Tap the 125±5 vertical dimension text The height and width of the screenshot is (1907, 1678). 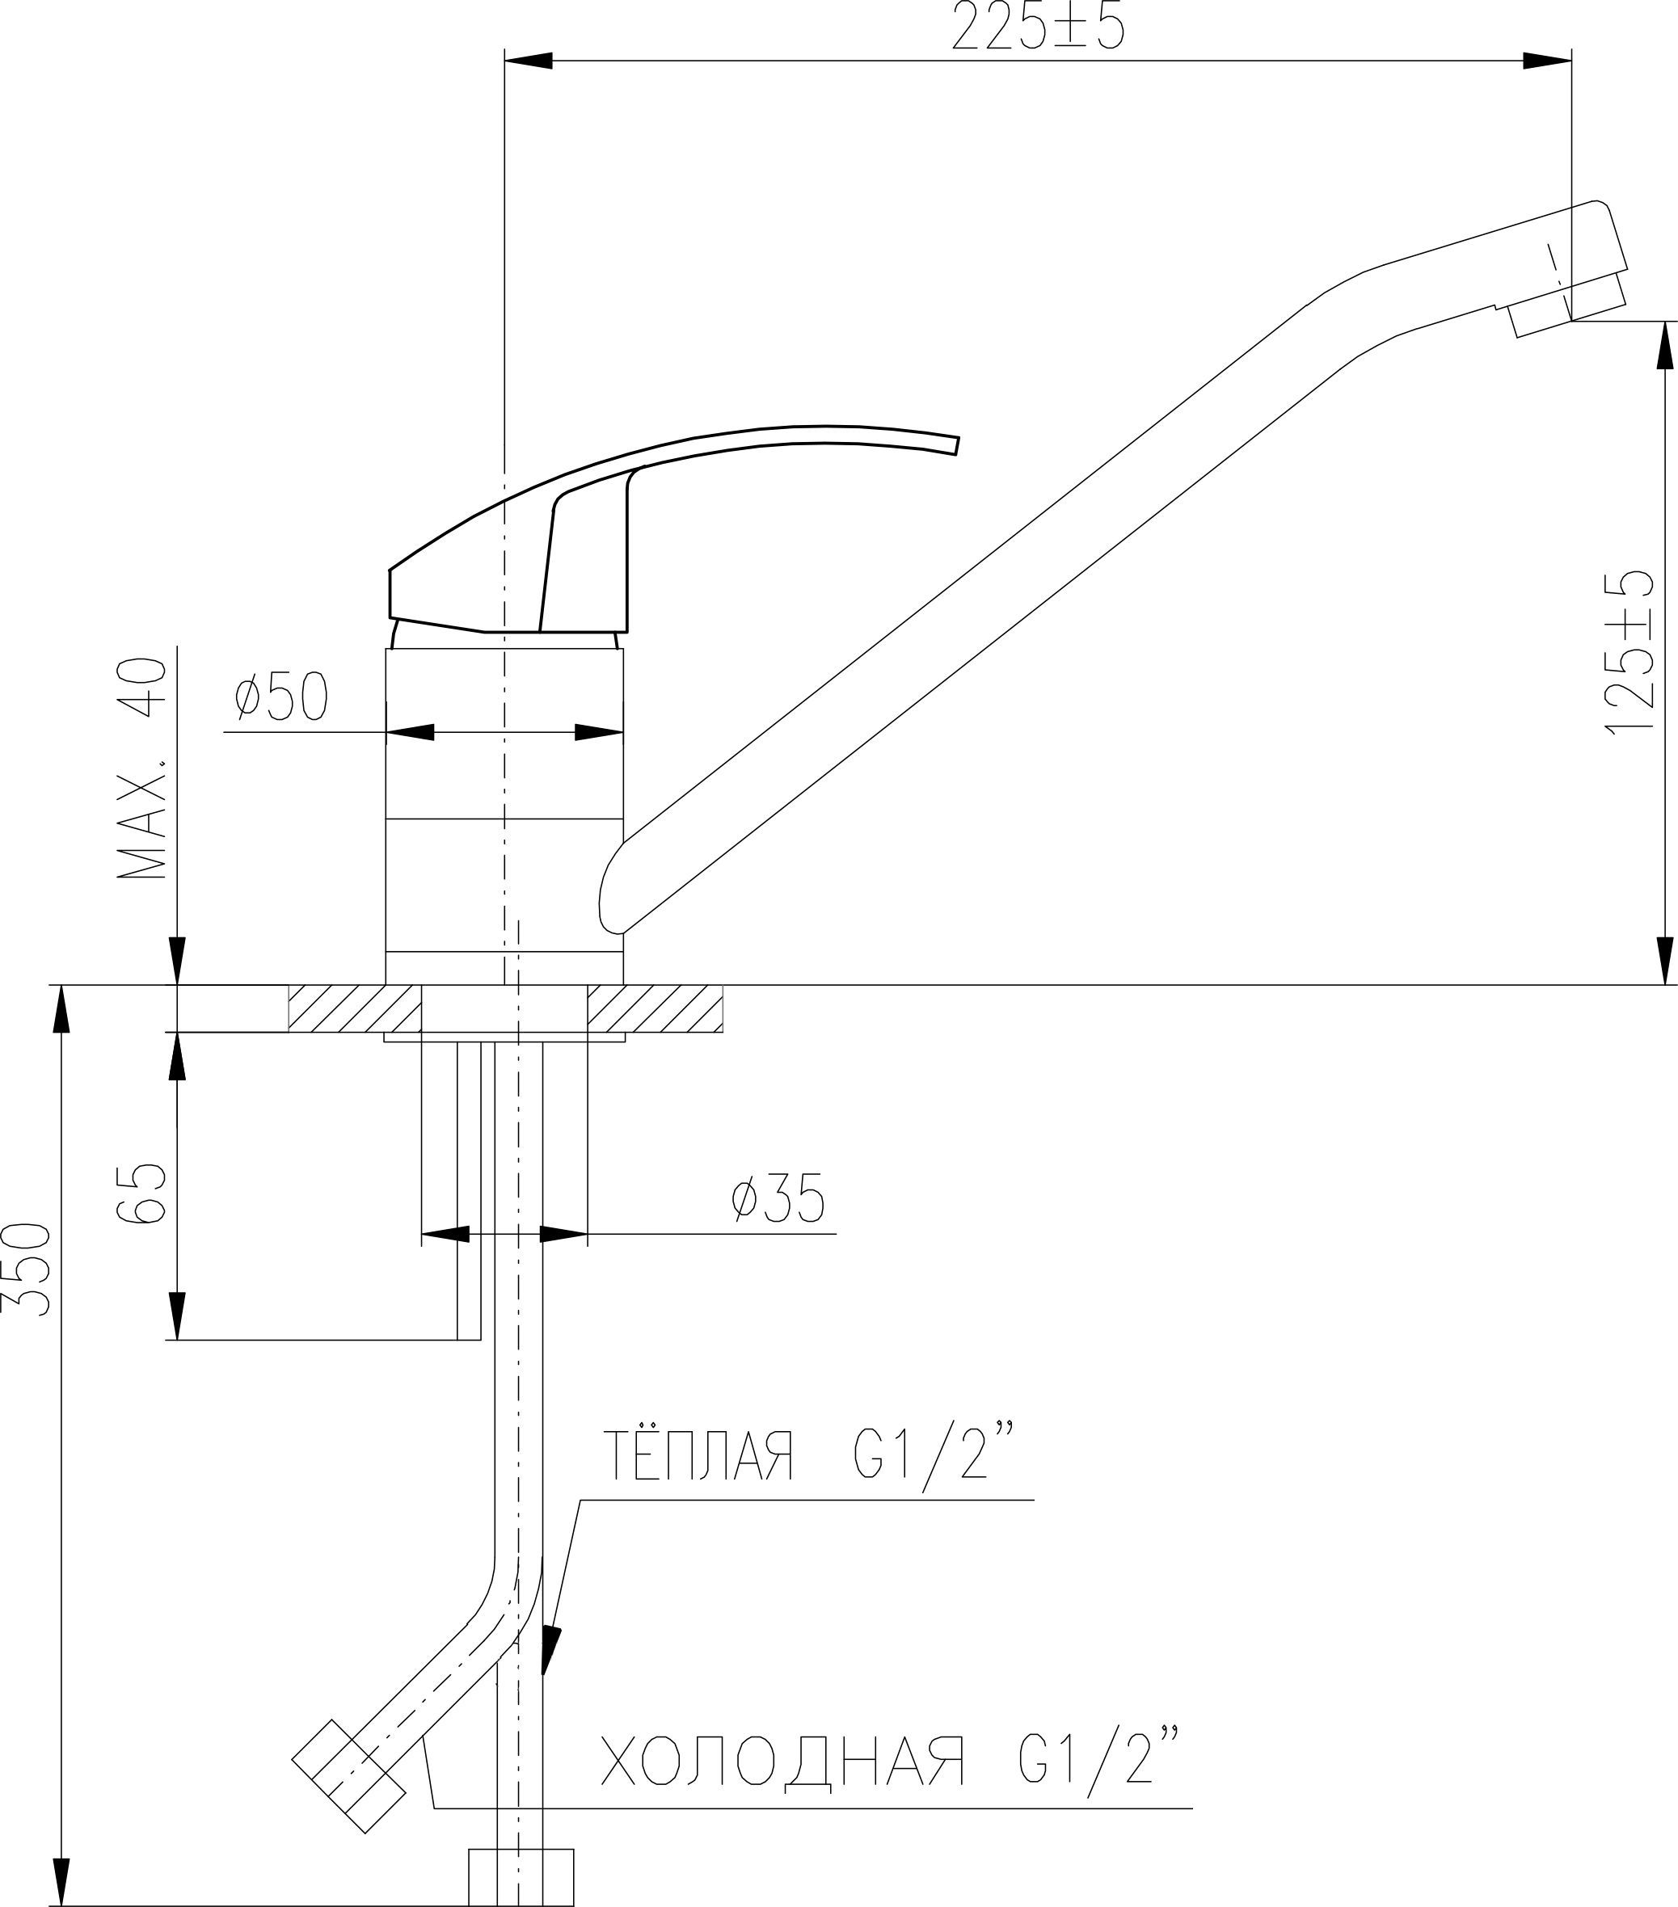tap(1630, 652)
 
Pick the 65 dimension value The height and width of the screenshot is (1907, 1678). tap(143, 1193)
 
